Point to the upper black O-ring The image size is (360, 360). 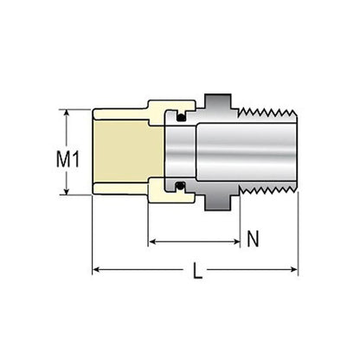coord(182,118)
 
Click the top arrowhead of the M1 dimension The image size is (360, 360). coord(67,113)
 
